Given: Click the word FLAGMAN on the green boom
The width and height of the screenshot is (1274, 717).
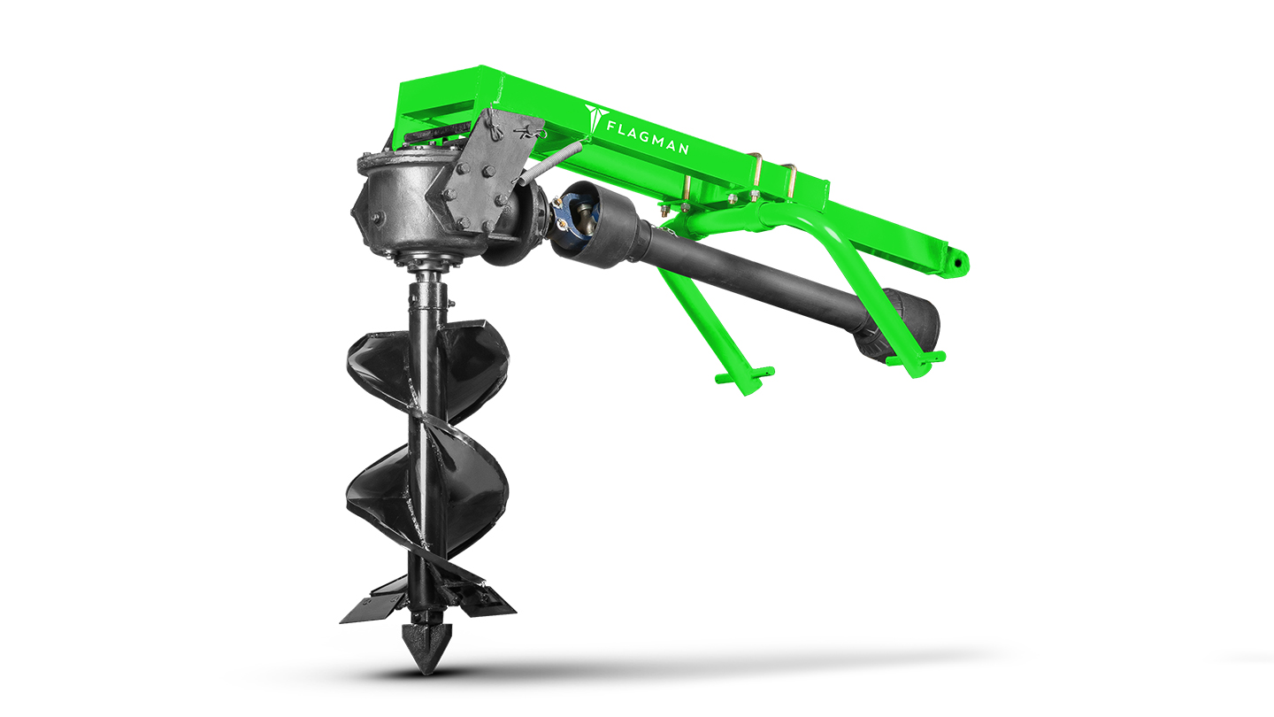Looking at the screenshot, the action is [x=648, y=137].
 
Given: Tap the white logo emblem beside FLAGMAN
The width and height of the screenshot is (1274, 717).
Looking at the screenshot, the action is [x=595, y=119].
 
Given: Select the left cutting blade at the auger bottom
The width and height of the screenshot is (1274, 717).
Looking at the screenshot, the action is [x=372, y=606].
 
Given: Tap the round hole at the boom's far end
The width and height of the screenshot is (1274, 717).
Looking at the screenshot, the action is [x=959, y=263].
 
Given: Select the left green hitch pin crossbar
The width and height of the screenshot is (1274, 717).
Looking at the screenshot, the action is [x=745, y=375].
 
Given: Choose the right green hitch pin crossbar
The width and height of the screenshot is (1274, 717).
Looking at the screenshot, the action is [x=917, y=358].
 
